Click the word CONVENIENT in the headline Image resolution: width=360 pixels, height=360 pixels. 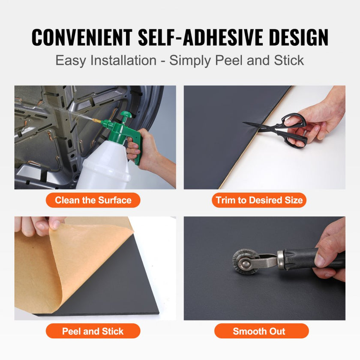81,37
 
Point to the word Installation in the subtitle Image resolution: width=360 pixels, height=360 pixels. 123,60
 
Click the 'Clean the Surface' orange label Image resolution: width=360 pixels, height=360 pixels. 93,200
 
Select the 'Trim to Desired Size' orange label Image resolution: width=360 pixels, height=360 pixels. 259,200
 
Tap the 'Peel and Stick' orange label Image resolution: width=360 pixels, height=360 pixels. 93,331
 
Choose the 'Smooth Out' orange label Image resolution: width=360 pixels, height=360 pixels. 261,331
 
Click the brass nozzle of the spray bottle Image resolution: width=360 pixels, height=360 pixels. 96,120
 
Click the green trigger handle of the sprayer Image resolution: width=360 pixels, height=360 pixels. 137,147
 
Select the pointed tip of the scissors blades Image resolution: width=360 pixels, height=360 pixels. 243,122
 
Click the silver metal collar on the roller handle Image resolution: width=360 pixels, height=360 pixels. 281,260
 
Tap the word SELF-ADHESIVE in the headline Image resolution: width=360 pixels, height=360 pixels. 201,37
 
